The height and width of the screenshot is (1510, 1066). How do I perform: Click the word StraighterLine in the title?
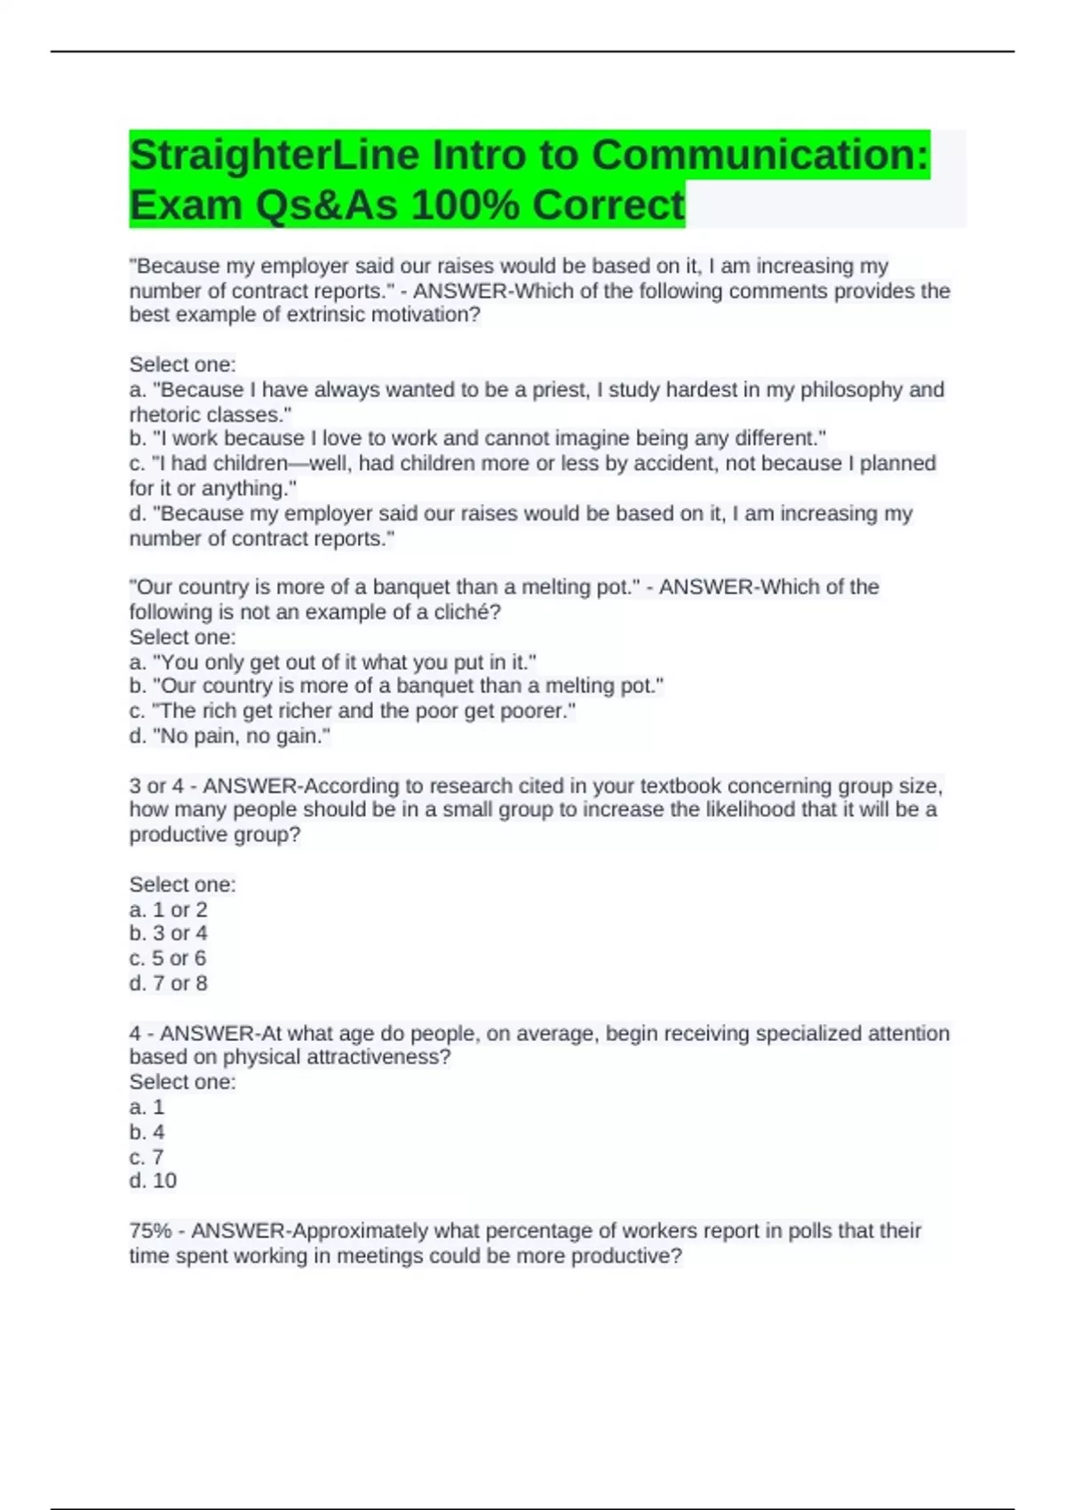coord(274,155)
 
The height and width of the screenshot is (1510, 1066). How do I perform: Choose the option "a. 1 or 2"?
coord(168,910)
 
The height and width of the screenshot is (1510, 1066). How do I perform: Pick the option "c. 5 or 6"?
coord(168,958)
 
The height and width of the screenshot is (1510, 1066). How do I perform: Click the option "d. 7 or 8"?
coord(168,983)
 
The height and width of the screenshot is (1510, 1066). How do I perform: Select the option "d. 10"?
coord(153,1180)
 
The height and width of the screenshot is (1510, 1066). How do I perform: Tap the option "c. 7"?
coord(147,1156)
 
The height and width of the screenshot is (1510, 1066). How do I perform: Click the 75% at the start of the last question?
coord(150,1231)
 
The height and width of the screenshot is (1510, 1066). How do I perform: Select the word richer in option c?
coord(303,711)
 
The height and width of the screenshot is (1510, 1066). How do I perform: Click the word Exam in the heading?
coord(186,205)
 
